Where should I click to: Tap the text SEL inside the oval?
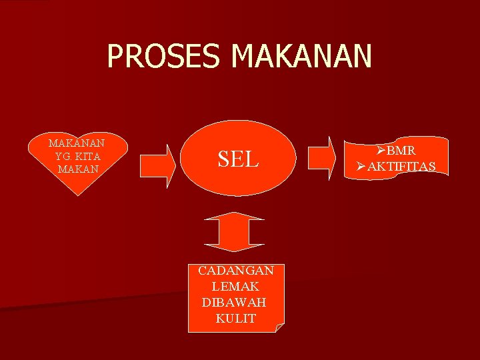(238, 159)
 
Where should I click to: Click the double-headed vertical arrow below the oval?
(235, 231)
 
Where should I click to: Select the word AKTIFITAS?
(401, 166)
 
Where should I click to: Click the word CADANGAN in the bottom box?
(236, 271)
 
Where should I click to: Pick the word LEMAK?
(235, 287)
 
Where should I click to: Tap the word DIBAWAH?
(234, 303)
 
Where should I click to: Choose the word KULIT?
(235, 319)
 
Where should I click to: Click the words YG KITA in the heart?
(79, 156)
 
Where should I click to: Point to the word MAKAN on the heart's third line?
(79, 169)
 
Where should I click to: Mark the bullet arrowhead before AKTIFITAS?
(361, 166)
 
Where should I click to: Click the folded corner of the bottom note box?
(280, 327)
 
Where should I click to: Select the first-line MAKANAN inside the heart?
(79, 143)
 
